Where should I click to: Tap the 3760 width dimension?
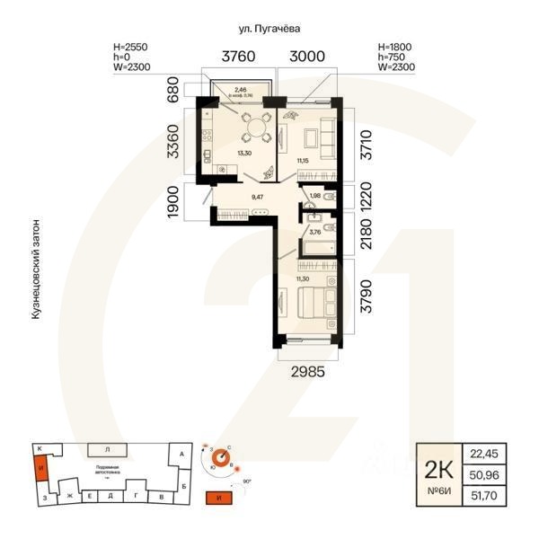click(x=233, y=57)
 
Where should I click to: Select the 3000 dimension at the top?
click(x=306, y=57)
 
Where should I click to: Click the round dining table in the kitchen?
click(x=259, y=128)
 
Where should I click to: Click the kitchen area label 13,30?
click(x=243, y=154)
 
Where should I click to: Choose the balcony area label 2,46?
click(x=241, y=90)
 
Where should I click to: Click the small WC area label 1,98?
click(x=315, y=196)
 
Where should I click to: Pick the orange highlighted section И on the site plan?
click(x=40, y=467)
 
